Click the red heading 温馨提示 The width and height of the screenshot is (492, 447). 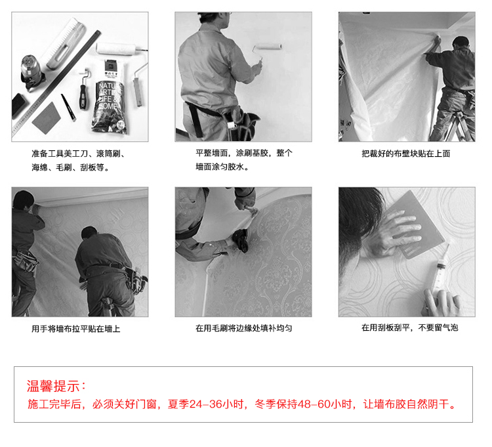tap(52, 386)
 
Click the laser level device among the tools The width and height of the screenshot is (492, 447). tap(31, 72)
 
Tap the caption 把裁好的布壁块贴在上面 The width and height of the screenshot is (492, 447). tap(405, 154)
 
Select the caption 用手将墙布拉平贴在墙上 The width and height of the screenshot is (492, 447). tap(75, 329)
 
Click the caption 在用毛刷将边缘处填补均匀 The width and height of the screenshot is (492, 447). tap(243, 328)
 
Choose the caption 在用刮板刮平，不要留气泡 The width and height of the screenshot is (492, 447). tap(409, 328)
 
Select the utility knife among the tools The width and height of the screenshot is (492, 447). tap(68, 108)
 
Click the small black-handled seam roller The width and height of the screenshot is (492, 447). tap(83, 89)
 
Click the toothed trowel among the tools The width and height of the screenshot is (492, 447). tap(65, 43)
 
